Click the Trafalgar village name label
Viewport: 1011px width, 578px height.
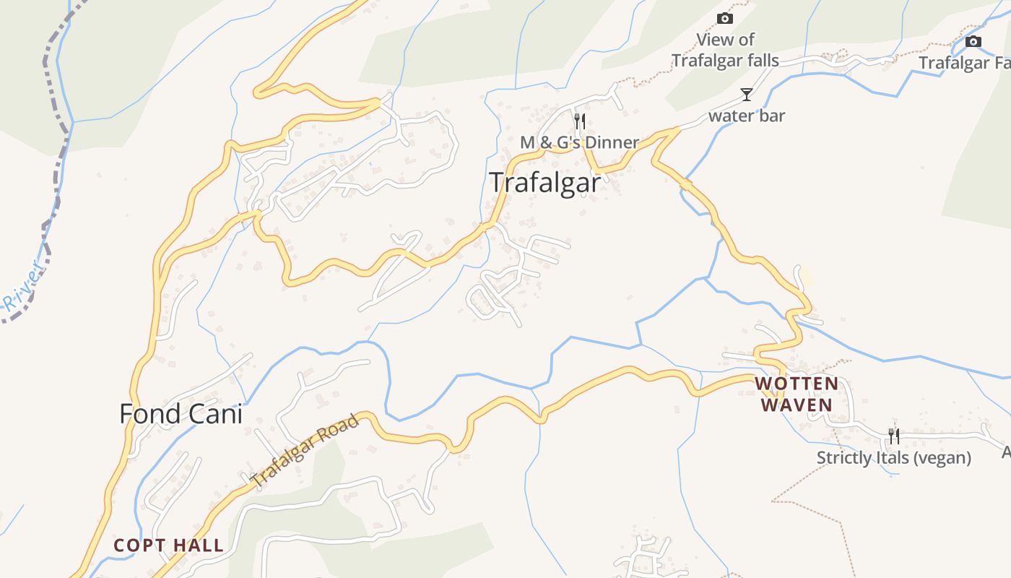(544, 183)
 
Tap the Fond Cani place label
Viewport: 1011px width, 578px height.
(181, 414)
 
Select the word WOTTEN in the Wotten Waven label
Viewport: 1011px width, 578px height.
(797, 384)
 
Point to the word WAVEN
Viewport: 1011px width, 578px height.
(797, 405)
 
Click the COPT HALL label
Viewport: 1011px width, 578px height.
(168, 545)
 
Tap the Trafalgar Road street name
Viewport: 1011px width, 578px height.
(304, 449)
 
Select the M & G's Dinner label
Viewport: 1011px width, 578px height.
(579, 142)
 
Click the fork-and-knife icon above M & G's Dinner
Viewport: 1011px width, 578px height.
(579, 121)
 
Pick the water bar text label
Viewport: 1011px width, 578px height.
(747, 116)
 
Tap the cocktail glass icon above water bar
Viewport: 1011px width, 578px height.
(746, 95)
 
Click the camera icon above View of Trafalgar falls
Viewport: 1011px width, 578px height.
(725, 18)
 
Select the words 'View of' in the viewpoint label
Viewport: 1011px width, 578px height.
(725, 40)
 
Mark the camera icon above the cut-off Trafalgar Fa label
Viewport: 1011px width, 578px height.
(973, 41)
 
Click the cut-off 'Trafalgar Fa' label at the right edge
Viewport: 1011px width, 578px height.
(964, 64)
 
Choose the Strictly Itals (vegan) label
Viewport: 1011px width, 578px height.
(893, 458)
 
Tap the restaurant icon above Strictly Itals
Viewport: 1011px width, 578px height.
(894, 436)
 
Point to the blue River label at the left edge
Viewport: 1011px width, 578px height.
(22, 289)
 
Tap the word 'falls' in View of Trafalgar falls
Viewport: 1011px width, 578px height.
(763, 61)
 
